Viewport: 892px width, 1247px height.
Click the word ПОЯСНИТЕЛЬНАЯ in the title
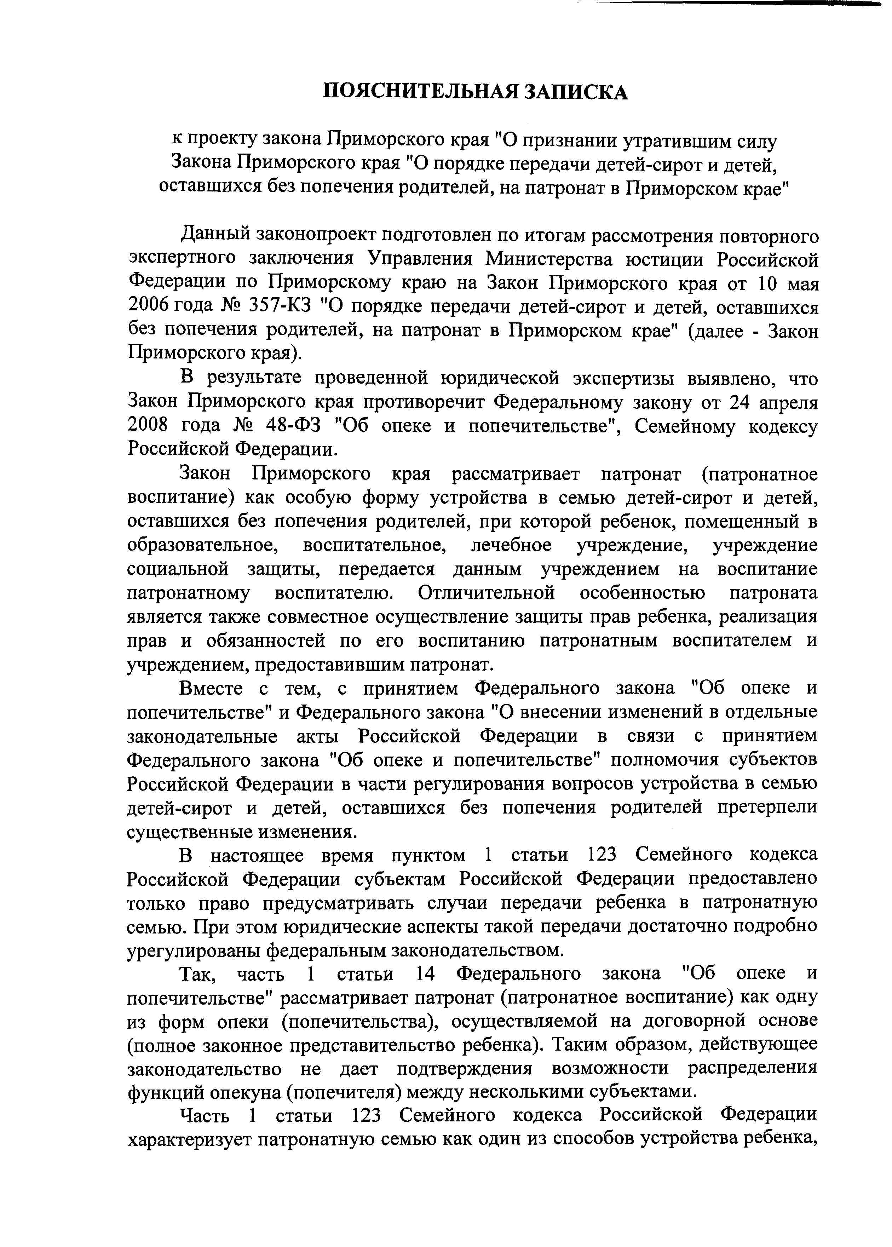419,91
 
